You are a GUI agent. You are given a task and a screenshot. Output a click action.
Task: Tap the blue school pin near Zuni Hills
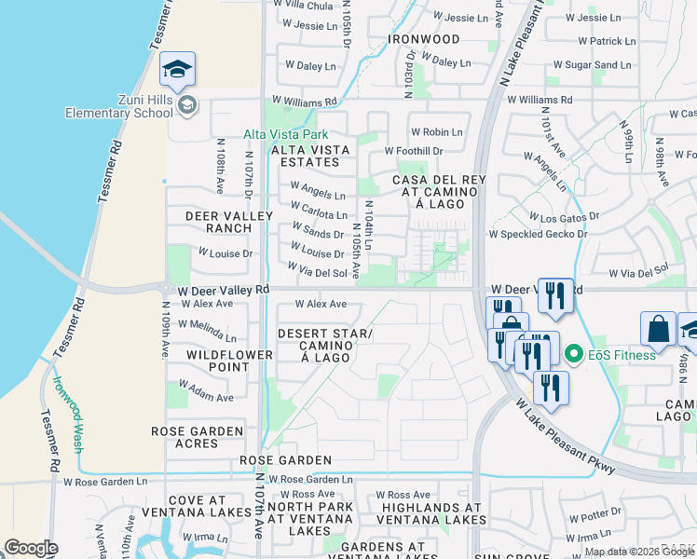pos(177,68)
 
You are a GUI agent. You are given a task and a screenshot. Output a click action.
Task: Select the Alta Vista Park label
pos(278,134)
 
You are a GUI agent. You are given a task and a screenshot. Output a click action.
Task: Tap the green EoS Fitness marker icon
pos(573,354)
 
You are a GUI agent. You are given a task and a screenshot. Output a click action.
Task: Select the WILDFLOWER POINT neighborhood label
pos(229,361)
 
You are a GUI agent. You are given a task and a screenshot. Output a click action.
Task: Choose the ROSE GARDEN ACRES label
pos(198,437)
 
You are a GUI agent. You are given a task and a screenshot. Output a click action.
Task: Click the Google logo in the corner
pos(31,548)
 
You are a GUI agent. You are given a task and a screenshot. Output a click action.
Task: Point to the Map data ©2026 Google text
pos(637,552)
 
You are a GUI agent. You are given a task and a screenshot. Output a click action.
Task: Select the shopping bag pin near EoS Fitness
pos(658,329)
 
